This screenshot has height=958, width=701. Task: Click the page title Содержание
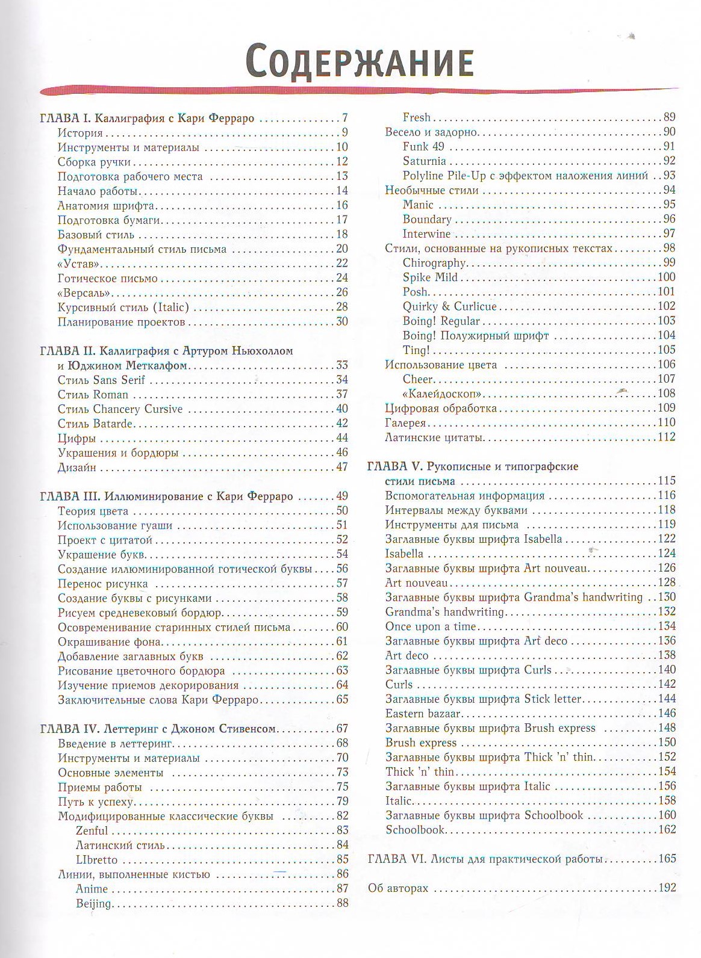coord(360,60)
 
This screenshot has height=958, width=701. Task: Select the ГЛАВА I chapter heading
coord(147,118)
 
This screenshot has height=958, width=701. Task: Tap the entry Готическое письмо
coord(107,278)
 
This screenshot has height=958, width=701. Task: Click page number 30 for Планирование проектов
coord(342,321)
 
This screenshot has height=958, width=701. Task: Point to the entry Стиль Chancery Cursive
coord(120,409)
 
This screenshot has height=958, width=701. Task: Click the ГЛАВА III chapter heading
coord(166,496)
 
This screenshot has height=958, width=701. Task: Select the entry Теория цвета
coord(93,511)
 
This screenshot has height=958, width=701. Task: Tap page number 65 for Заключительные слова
coord(342,699)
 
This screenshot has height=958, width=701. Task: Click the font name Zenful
coord(92,831)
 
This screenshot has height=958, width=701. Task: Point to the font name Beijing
coord(93,903)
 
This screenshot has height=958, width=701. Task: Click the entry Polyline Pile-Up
coord(525,176)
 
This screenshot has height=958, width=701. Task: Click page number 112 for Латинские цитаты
coord(666,437)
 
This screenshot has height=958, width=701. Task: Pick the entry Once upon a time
coord(430,626)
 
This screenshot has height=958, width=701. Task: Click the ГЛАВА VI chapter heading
coord(485,859)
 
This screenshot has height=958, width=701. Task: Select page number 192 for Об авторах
coord(667,888)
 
